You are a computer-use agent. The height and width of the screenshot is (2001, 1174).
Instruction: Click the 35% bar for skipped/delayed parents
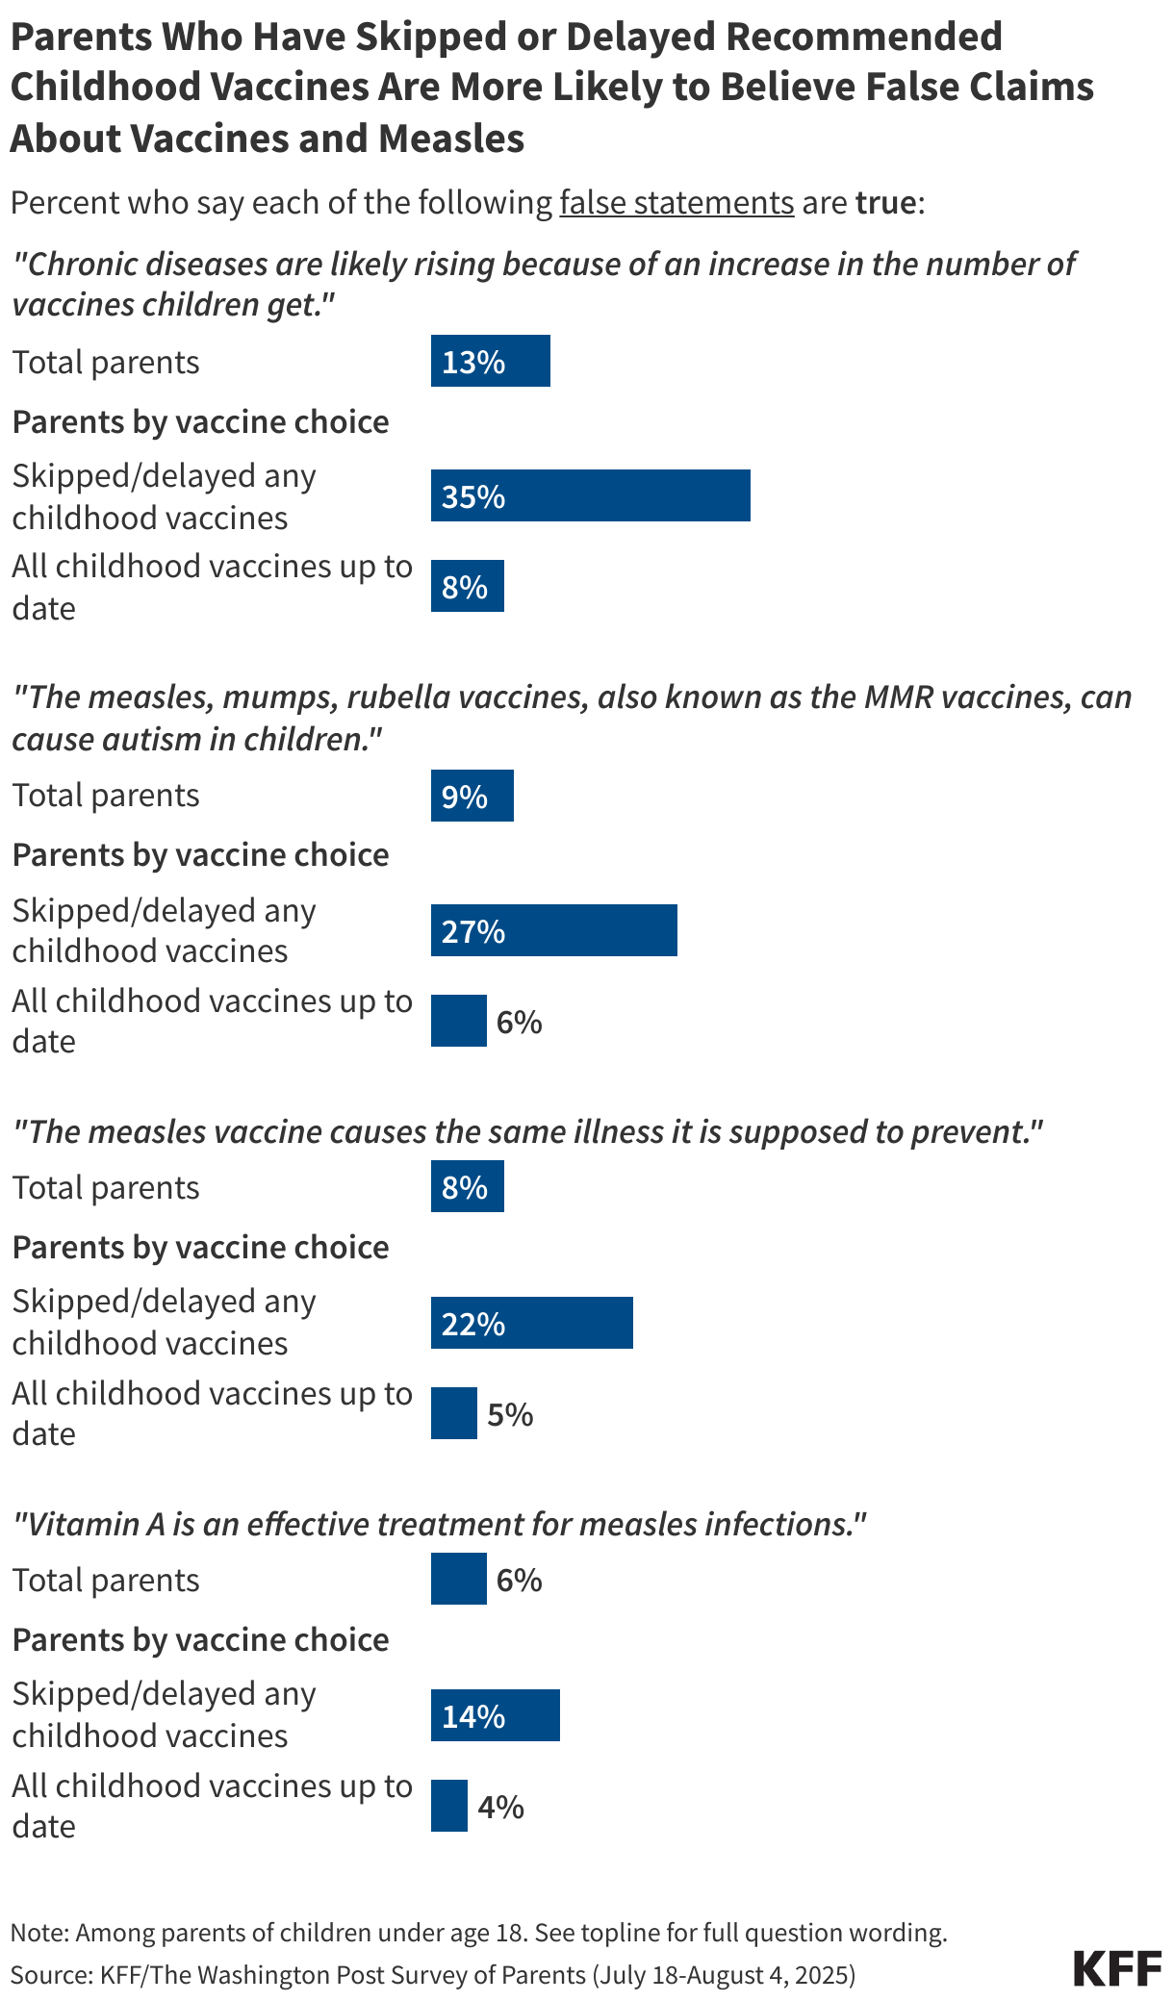(590, 496)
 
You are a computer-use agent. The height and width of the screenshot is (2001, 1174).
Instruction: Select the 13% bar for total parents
(490, 362)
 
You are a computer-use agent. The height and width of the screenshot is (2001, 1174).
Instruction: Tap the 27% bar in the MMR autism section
(553, 931)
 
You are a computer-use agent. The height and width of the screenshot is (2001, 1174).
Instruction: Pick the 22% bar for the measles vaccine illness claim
(531, 1324)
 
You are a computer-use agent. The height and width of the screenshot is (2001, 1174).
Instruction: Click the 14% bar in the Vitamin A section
(495, 1716)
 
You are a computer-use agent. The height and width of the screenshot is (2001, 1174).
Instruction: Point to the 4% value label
(500, 1807)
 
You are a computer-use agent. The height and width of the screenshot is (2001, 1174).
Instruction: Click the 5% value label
(510, 1414)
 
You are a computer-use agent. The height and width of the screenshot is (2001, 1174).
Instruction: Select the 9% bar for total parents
(472, 797)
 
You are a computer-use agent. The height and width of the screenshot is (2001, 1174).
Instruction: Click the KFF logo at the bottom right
(1116, 1969)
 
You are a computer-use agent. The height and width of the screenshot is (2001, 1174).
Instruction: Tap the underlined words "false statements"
(676, 203)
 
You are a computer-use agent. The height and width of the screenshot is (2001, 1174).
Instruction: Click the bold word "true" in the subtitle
(885, 203)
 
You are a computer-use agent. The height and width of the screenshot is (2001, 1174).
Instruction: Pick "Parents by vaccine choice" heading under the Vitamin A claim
(200, 1639)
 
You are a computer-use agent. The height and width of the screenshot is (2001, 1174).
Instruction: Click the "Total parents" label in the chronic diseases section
(106, 363)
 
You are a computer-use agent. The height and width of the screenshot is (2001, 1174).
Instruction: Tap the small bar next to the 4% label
(448, 1807)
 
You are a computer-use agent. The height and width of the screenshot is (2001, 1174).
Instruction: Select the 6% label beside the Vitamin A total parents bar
(520, 1580)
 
